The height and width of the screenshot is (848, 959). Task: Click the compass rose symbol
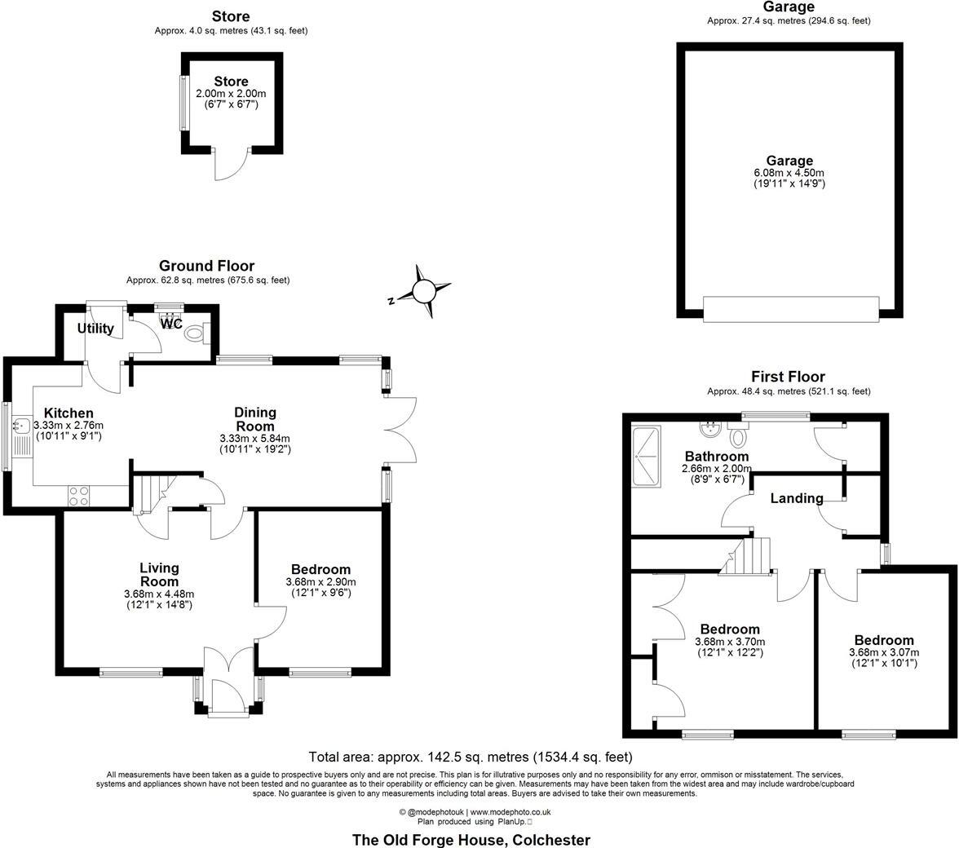424,291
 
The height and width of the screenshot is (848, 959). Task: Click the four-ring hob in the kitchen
79,496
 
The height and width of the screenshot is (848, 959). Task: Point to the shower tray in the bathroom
649,456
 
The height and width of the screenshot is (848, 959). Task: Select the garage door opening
790,309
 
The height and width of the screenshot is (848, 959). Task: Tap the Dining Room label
255,419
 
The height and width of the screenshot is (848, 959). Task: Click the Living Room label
159,575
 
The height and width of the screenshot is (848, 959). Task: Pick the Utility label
95,329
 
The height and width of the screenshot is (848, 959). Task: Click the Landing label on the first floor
797,498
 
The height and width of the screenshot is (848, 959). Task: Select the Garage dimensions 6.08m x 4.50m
789,173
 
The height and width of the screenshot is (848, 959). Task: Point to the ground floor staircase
150,495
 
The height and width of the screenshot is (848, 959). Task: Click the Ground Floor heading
206,266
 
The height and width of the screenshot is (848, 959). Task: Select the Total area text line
471,757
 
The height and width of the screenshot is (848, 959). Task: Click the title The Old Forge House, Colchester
471,839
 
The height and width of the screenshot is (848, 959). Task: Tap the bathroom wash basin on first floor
709,429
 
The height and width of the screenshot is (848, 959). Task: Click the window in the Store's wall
183,102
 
